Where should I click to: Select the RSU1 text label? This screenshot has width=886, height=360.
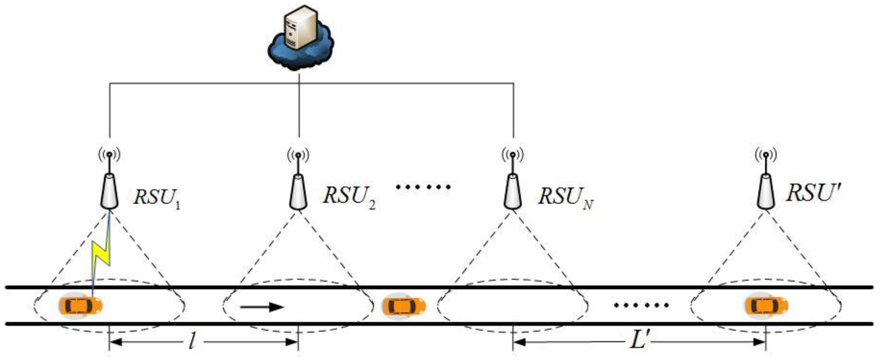click(157, 198)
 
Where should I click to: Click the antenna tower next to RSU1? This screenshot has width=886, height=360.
click(110, 191)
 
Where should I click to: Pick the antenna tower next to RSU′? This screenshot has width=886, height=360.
click(766, 191)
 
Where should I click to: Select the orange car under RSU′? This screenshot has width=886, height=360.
click(767, 305)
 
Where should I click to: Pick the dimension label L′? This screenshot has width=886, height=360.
click(639, 341)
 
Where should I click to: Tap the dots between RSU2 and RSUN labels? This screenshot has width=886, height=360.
click(423, 187)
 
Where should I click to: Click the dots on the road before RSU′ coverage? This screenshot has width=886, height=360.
click(641, 305)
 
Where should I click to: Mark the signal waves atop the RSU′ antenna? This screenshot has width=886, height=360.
click(766, 155)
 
